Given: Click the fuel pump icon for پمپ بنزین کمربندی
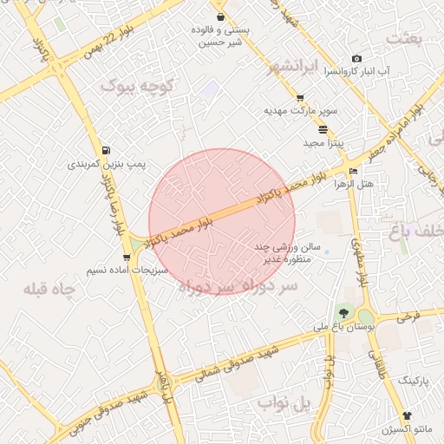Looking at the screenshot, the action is (x=106, y=150).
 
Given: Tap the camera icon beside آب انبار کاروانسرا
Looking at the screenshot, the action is (x=356, y=58).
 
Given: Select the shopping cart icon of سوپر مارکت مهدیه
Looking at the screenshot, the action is (x=300, y=98).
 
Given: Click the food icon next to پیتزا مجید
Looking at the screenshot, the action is (x=323, y=129).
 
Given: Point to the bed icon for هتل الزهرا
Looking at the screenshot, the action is (x=351, y=170).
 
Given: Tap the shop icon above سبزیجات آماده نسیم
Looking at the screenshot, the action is (x=127, y=258).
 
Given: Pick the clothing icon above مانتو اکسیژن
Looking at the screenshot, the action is (x=407, y=416).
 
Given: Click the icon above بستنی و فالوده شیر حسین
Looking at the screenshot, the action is (x=220, y=16).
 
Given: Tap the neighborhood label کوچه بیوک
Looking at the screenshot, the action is (x=138, y=86).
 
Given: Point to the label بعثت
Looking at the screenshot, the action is (x=405, y=38).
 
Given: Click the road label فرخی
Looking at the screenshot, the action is (x=408, y=317).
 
